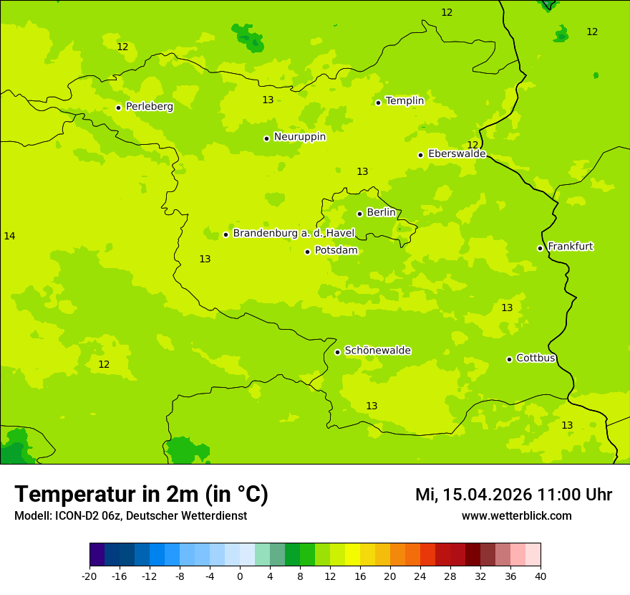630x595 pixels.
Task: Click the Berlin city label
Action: (381, 213)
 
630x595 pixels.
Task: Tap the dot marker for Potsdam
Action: (307, 252)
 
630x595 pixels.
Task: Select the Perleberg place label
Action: (149, 107)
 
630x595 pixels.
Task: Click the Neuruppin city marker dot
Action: (266, 138)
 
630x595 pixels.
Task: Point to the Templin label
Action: (404, 101)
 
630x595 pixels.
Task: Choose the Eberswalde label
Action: (456, 154)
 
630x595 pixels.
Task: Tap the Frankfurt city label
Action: (570, 247)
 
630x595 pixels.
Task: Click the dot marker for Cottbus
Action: (509, 359)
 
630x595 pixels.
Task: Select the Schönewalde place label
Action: (377, 351)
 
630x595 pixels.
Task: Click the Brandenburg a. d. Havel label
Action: (294, 234)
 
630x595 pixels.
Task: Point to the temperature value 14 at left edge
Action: (9, 236)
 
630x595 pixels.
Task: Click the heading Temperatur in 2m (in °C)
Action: (141, 494)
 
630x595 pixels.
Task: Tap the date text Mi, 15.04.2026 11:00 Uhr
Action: (513, 495)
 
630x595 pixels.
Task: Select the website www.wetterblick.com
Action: (516, 515)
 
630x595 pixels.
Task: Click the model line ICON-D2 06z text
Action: (130, 515)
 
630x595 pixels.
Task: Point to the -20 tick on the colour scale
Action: (89, 576)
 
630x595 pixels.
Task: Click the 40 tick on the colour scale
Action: (541, 576)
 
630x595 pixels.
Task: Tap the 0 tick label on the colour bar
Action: (240, 576)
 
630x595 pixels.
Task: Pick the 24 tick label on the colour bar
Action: (420, 576)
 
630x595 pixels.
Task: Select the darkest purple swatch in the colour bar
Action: (97, 555)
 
